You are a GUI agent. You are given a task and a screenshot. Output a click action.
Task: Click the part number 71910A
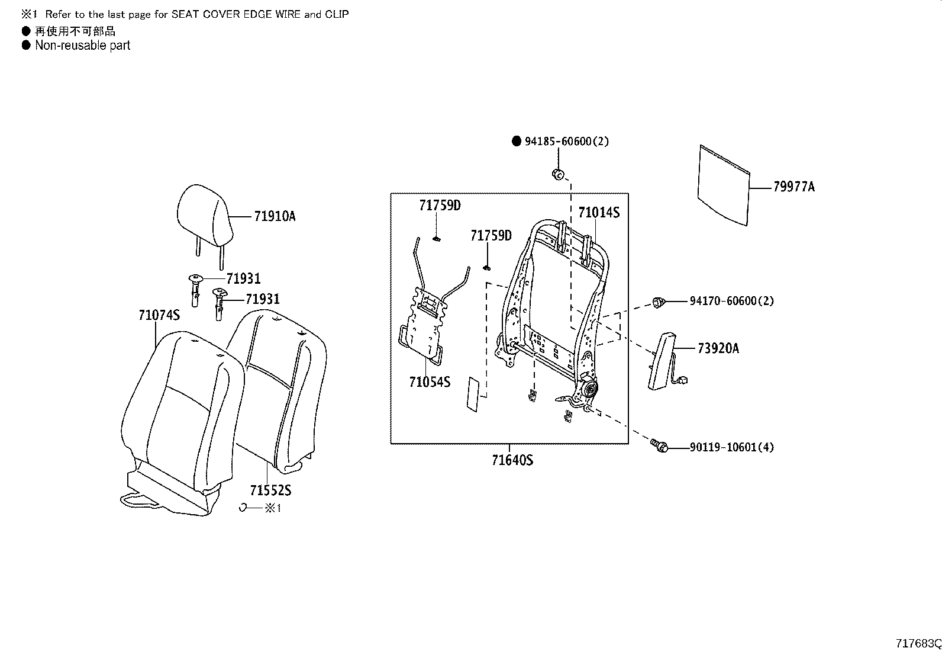(275, 216)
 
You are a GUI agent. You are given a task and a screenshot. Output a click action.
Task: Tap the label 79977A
(793, 187)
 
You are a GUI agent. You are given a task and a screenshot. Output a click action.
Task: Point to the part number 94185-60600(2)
(566, 142)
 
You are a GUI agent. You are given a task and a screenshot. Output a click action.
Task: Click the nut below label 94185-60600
(558, 174)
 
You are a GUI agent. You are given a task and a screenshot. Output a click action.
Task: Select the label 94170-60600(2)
(731, 301)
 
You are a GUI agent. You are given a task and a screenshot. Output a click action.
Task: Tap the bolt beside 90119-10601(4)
(659, 445)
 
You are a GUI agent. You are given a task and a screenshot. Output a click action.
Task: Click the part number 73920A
(718, 348)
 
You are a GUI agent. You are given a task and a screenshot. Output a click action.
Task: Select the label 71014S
(598, 212)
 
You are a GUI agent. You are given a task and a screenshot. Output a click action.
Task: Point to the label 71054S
(429, 382)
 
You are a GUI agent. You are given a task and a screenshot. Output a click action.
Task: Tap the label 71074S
(159, 315)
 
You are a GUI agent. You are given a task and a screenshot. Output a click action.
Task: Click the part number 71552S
(270, 490)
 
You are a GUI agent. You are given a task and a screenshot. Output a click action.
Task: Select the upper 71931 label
(243, 279)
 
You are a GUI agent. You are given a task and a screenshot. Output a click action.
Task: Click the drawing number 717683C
(918, 643)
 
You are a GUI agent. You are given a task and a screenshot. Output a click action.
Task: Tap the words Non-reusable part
(82, 46)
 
